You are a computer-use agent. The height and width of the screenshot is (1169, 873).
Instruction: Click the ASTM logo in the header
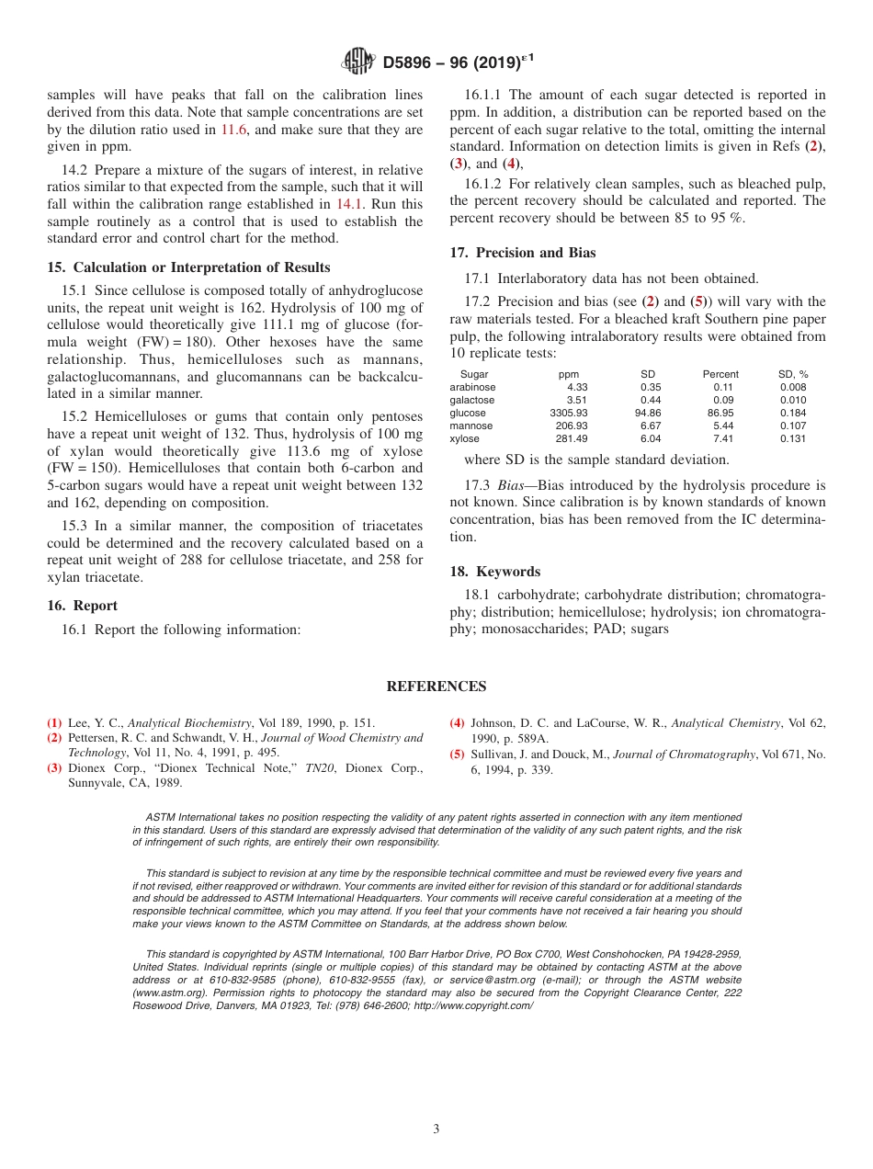358,62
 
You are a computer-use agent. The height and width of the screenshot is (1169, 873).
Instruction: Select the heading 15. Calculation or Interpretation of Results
188,267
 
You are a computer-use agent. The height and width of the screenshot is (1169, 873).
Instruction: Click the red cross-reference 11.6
234,130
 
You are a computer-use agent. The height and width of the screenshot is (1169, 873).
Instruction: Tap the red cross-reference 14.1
349,204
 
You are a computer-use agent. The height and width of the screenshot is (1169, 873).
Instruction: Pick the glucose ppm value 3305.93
568,414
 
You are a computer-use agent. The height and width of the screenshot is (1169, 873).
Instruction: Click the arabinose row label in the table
472,388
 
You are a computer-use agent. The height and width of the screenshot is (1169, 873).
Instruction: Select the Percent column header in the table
720,375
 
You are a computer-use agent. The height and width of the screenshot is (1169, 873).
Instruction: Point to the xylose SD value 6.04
650,439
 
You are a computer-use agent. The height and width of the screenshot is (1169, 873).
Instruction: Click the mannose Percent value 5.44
722,426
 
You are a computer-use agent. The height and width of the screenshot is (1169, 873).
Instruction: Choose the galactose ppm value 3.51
576,401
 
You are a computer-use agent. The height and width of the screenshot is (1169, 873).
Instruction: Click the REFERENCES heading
436,687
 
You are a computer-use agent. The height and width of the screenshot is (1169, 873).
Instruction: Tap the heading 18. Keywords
494,572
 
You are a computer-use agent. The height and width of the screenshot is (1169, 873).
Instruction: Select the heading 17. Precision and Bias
522,253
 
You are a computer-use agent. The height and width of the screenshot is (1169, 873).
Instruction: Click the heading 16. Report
82,606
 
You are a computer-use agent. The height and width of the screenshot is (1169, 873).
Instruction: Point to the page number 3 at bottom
436,1129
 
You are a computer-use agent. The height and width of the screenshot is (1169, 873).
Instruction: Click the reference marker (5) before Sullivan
456,755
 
